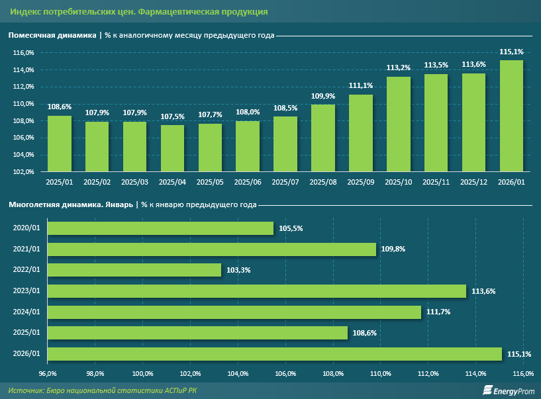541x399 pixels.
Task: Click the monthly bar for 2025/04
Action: [172, 148]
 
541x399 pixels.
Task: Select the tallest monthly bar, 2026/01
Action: [511, 116]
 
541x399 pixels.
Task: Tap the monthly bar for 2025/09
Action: [361, 133]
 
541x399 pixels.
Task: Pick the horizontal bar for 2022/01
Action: [134, 270]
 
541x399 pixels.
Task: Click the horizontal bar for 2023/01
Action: [257, 291]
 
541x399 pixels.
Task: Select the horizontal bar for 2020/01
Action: [160, 228]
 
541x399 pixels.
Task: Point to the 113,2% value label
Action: [399, 67]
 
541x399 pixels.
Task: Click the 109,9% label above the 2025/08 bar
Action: [323, 96]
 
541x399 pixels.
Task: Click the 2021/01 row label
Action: [26, 249]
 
